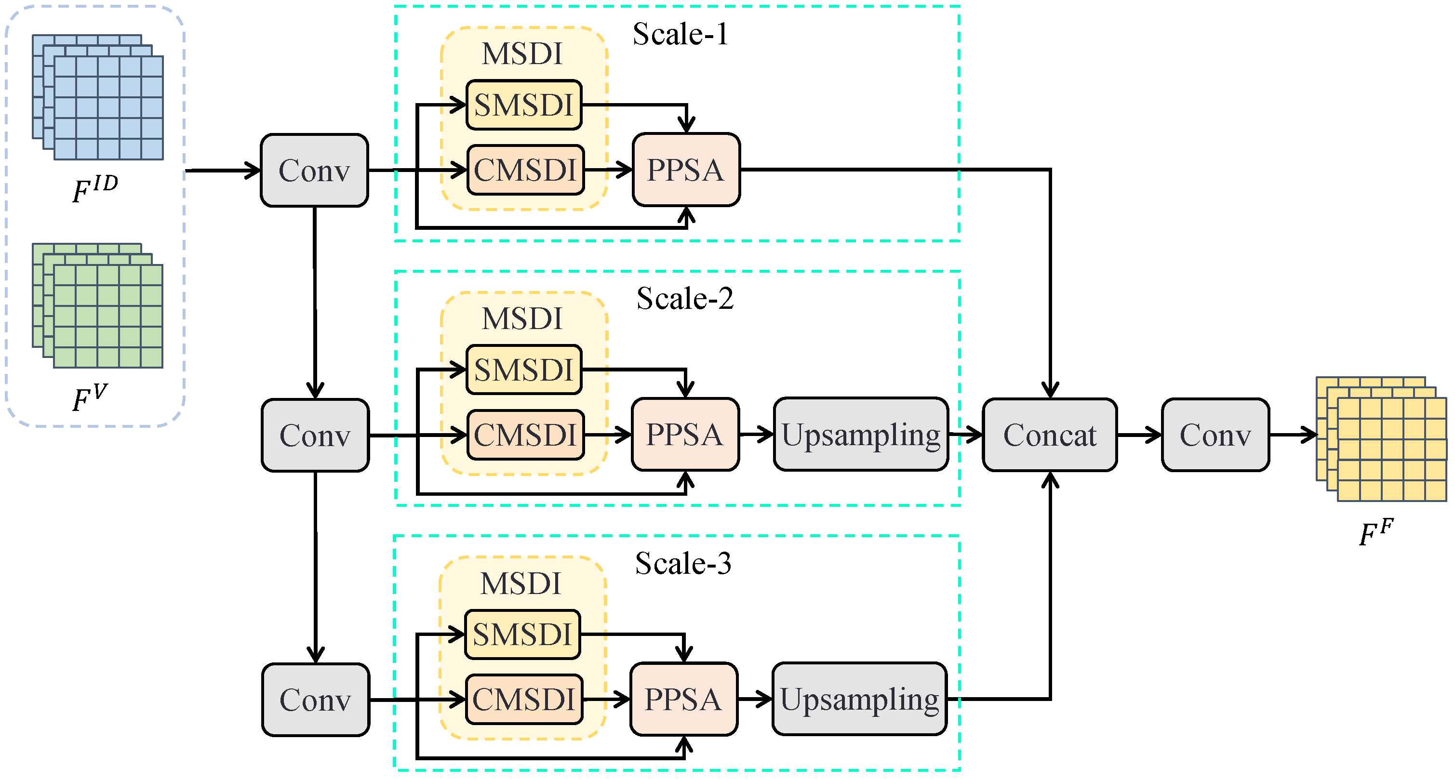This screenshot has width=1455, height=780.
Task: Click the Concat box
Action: click(1050, 435)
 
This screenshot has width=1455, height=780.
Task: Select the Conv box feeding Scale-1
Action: click(314, 170)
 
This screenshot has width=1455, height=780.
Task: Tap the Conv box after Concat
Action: click(1215, 435)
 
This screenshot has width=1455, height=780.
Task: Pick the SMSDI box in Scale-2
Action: click(523, 370)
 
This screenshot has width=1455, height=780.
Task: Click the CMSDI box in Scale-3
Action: click(523, 699)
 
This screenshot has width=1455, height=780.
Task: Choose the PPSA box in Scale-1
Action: click(685, 170)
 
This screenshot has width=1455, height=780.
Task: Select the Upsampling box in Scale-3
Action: click(859, 699)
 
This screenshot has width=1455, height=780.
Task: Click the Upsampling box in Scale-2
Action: click(860, 435)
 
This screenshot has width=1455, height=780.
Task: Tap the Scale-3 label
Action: click(683, 563)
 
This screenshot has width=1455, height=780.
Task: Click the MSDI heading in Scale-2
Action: click(522, 318)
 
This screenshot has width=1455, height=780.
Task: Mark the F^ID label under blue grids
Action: click(95, 189)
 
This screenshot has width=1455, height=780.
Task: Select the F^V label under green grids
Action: click(89, 398)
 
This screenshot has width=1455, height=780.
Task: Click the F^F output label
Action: click(1376, 533)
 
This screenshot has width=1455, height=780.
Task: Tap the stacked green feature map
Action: click(98, 305)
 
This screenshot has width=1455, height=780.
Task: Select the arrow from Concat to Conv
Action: click(1138, 435)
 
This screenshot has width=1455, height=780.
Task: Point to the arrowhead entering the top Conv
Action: click(252, 170)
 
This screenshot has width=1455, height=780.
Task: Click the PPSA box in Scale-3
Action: click(683, 699)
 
